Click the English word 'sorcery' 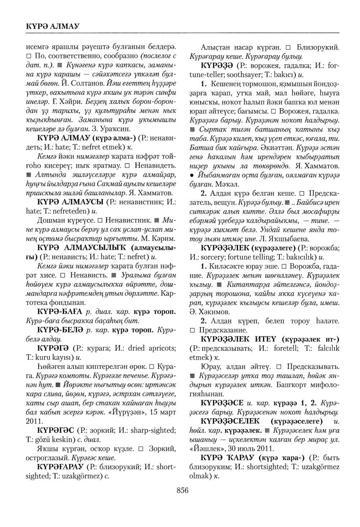point(212,257)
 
